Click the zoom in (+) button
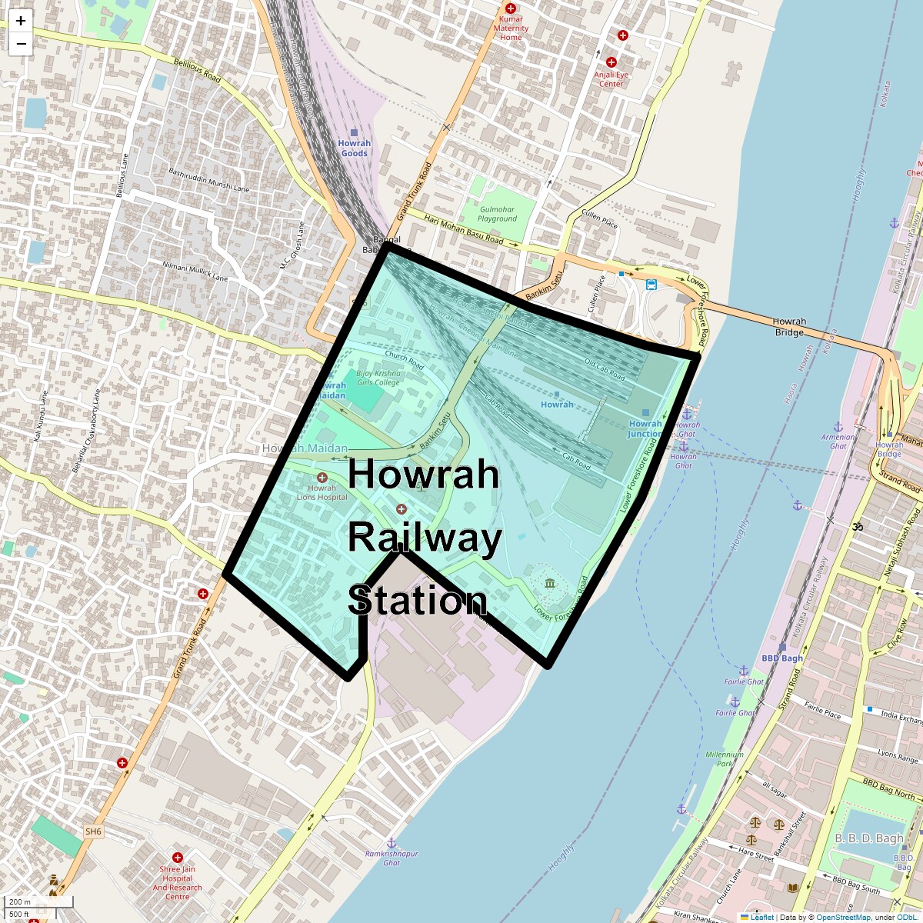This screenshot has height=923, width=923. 21,21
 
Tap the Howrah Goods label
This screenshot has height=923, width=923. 354,148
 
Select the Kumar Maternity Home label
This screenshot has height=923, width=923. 511,28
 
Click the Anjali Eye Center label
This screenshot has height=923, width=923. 611,79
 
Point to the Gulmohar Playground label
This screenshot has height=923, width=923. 497,214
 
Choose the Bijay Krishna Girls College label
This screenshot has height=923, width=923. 378,378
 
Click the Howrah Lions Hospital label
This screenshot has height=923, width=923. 322,492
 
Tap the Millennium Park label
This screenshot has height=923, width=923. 725,759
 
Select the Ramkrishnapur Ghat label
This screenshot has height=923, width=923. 392,858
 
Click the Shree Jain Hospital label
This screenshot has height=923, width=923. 177,882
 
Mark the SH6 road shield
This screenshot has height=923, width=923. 93,831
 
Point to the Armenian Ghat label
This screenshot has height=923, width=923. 838,442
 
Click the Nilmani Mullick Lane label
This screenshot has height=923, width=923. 195,271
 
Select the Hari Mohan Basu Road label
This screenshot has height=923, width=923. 464,229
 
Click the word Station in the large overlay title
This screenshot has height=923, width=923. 418,601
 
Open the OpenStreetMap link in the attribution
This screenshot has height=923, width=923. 843,917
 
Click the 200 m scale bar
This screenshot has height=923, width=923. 38,902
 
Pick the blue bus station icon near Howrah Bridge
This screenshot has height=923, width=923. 651,285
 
